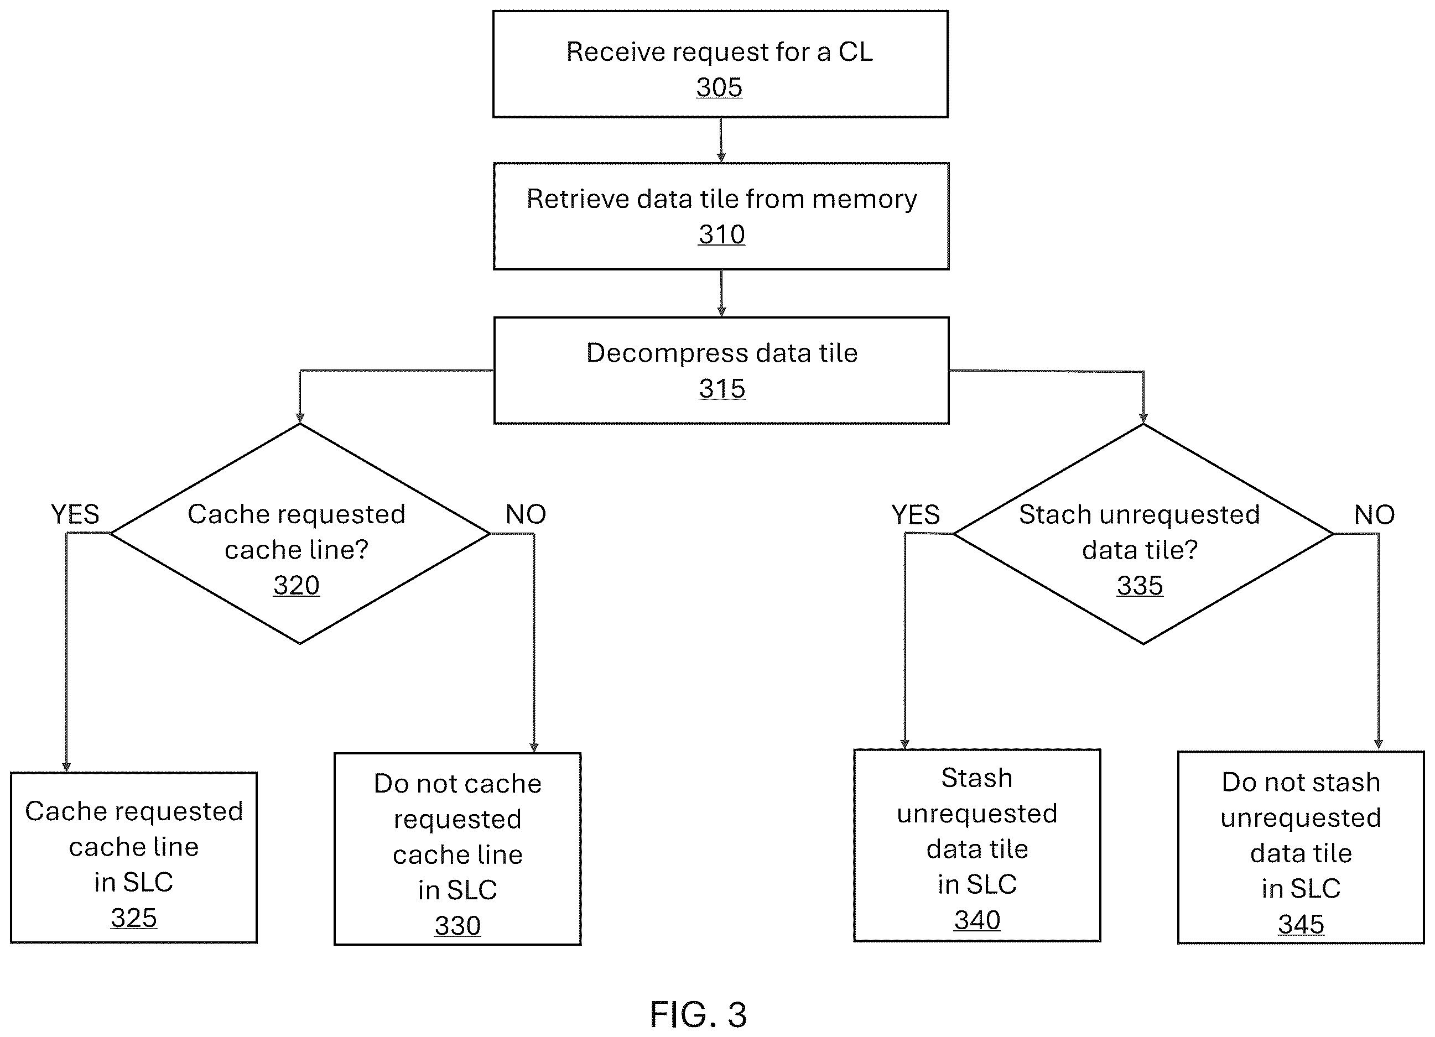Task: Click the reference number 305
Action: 719,87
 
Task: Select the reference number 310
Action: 721,235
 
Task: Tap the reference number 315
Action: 722,388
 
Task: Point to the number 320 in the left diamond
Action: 296,585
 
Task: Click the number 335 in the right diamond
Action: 1140,586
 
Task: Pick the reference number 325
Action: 133,918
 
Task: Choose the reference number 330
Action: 457,926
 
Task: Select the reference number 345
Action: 1301,924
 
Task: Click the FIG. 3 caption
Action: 699,1015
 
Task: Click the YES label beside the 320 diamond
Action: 75,514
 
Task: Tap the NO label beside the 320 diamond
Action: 525,514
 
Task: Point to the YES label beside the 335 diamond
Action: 915,515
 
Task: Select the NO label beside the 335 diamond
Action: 1374,515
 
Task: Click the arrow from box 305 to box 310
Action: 721,140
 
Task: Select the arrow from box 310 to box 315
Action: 721,294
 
